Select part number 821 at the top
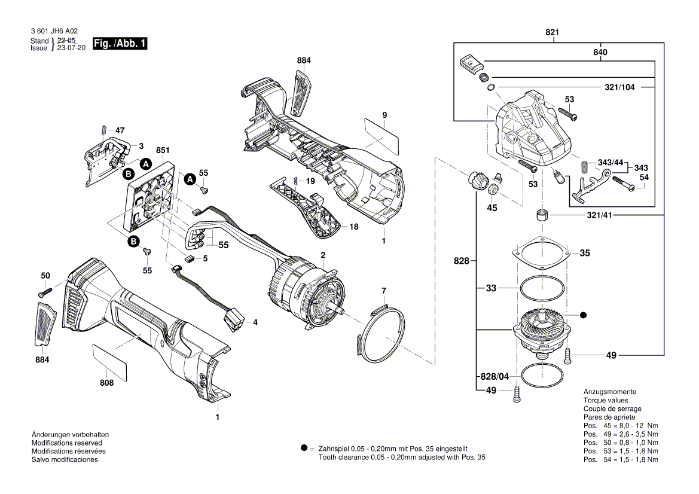pos(554,33)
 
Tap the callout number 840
pos(600,53)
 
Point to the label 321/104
pos(619,87)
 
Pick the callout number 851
pos(163,150)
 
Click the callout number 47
pos(120,130)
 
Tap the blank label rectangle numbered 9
pos(381,135)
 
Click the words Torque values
pos(605,400)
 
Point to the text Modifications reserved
pos(66,443)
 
